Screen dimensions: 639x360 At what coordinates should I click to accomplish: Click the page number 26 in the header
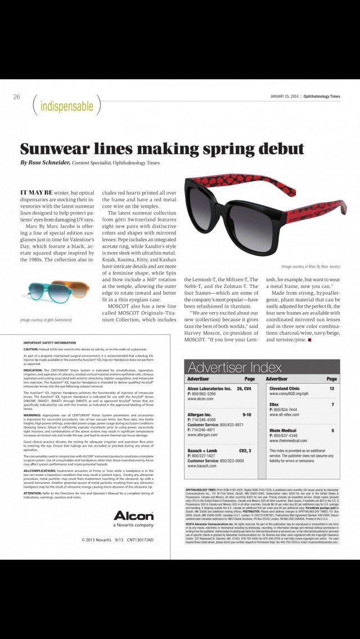(16, 97)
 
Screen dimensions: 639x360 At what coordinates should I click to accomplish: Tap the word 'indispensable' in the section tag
(66, 105)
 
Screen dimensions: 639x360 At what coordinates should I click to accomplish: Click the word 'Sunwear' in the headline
(56, 148)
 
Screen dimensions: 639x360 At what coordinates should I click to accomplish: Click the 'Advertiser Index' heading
(235, 368)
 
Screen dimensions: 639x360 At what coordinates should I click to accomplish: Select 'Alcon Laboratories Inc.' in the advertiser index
(209, 389)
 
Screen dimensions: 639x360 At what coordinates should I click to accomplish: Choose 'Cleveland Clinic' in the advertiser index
(284, 389)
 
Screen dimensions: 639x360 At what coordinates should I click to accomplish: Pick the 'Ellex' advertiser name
(274, 404)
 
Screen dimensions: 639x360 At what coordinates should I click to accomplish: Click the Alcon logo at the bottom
(133, 516)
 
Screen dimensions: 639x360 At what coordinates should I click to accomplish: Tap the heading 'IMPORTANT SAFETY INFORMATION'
(49, 343)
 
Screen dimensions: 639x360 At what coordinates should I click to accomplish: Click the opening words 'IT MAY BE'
(38, 192)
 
